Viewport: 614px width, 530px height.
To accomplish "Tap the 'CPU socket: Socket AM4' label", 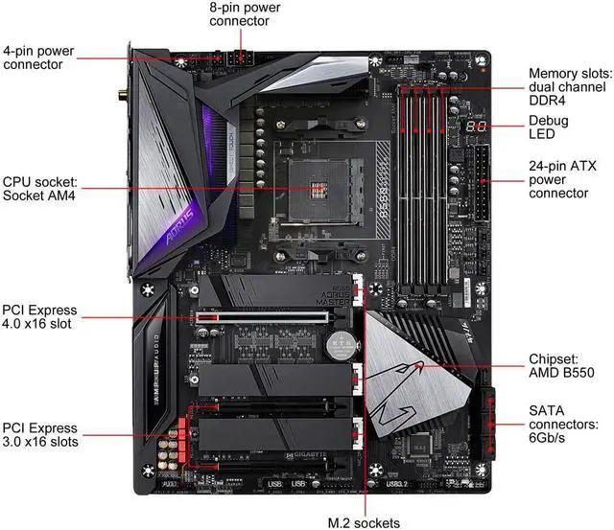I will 41,188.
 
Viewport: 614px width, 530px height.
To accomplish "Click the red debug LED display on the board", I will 477,127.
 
